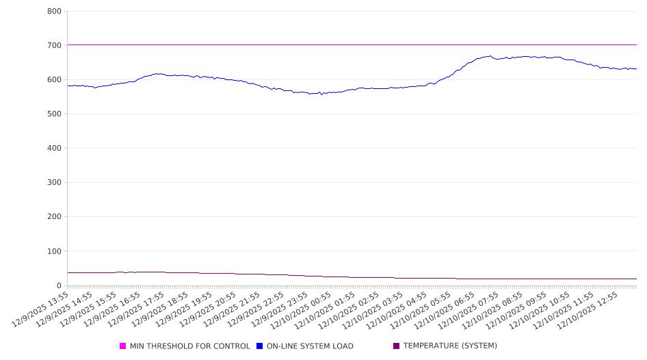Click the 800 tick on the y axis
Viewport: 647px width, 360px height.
click(x=54, y=12)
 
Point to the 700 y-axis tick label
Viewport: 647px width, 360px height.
click(x=54, y=46)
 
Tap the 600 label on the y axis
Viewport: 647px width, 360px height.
click(x=54, y=80)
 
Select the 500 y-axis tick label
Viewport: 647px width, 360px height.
click(x=54, y=114)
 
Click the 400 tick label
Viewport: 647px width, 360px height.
click(x=54, y=149)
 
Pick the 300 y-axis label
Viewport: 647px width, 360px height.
click(x=54, y=183)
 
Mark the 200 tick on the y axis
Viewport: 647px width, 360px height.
click(x=54, y=217)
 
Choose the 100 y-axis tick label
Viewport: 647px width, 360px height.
click(x=54, y=251)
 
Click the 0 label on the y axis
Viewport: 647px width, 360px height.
click(x=59, y=285)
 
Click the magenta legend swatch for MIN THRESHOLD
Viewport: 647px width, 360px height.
click(x=123, y=346)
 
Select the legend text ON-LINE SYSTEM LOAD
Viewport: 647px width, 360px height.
click(x=310, y=346)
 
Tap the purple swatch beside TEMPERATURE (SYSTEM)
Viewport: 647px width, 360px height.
click(x=397, y=346)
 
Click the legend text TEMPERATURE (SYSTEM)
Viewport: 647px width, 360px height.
click(x=450, y=346)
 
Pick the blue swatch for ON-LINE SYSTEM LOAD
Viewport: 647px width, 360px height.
click(x=260, y=346)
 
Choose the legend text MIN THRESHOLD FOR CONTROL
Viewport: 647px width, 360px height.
click(x=189, y=346)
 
